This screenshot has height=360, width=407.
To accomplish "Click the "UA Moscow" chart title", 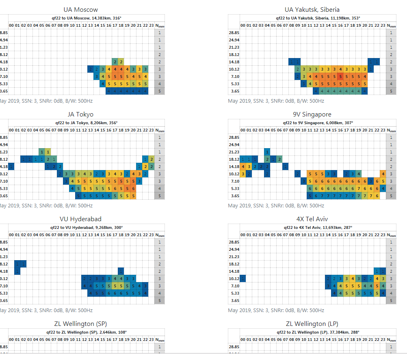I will coord(80,10).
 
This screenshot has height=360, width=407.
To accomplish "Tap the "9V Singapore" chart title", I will coord(312,114).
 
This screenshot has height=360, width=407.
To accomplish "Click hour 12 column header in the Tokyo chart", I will coord(84,130).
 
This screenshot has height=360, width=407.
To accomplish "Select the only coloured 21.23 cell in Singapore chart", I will coord(267,152).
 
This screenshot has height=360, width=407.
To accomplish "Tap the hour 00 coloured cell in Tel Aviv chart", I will coord(243,278).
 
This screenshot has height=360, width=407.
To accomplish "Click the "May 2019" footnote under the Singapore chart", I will coord(276,205).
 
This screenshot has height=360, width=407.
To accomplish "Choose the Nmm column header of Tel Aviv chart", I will coord(391,235).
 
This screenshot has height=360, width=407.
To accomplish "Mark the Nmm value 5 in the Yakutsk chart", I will coord(391,91).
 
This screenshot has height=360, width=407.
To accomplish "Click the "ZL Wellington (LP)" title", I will coord(312,323).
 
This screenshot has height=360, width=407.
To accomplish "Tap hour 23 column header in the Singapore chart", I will coord(383,130).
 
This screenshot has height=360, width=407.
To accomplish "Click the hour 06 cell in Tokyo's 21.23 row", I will coord(48,152).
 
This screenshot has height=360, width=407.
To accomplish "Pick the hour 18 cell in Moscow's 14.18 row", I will coord(121,62).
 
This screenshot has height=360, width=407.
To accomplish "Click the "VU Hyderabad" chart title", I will coord(80,219).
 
